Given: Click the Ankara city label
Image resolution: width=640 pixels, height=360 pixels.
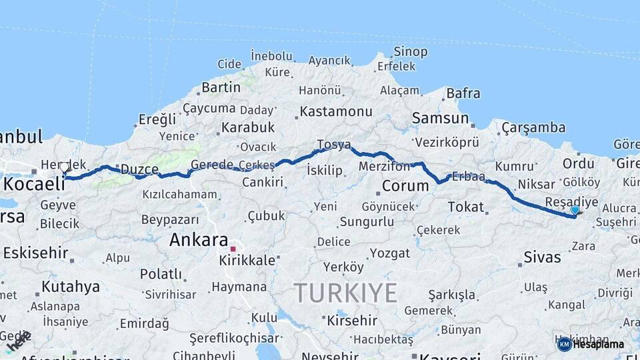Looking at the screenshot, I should click(199, 240).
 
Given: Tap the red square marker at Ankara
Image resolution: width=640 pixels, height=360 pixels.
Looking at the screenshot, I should click(233, 249).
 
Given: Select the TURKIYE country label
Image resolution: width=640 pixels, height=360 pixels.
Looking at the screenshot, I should click(346, 293).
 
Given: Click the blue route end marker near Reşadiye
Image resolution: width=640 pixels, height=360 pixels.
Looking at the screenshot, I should click(575, 210).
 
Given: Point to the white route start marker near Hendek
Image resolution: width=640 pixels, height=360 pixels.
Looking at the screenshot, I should click(64, 167).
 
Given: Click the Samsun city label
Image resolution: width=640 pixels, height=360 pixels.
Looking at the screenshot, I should click(441, 119).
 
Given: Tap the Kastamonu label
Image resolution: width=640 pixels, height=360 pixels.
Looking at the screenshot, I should click(335, 111).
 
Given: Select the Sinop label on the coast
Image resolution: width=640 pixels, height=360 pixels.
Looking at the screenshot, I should click(410, 51).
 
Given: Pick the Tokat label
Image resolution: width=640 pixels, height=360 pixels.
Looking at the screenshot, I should click(465, 207).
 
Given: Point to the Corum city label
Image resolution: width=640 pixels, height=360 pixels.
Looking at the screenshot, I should click(405, 186).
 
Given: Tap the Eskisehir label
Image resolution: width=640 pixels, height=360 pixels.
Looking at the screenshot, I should click(35, 253).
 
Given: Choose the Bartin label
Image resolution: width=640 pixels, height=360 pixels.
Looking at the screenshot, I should click(221, 87).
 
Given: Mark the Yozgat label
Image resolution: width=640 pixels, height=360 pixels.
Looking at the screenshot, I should click(389, 253).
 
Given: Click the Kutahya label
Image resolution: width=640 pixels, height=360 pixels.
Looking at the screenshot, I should click(71, 287).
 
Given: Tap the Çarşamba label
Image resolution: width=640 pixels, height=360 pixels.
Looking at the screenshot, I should click(533, 127).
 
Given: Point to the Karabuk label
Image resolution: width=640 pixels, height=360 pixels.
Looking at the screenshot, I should click(248, 127).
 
